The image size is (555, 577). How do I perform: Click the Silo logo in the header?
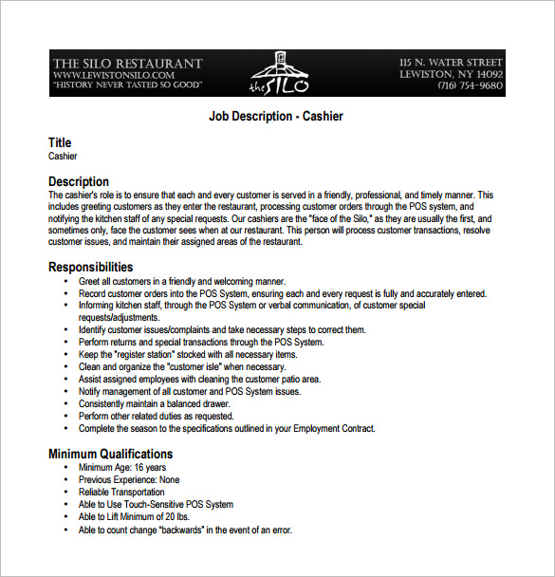[x=277, y=73]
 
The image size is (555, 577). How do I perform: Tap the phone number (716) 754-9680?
[x=470, y=85]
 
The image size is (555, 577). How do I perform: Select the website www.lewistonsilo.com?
[x=114, y=74]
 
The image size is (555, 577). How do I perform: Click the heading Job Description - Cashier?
[x=275, y=117]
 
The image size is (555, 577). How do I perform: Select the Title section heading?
[x=60, y=143]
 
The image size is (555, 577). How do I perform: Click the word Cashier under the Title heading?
[x=63, y=156]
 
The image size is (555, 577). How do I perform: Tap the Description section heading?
[x=79, y=181]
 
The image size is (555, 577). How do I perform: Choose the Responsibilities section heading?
[x=91, y=268]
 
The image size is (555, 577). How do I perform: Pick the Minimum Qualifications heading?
[x=111, y=454]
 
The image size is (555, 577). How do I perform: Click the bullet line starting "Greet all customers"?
[x=182, y=281]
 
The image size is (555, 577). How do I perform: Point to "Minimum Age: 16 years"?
[x=122, y=468]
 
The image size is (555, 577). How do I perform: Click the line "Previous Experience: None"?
[x=129, y=480]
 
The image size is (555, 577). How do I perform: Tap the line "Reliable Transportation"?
[x=121, y=493]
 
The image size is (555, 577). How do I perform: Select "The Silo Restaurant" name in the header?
[x=127, y=63]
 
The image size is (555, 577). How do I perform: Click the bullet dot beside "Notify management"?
[x=65, y=391]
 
